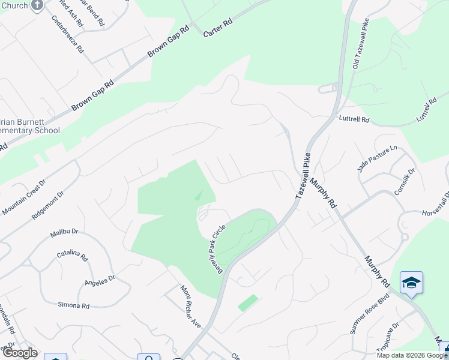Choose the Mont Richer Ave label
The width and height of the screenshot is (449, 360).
coord(191,306)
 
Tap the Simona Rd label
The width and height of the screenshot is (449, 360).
coord(73,305)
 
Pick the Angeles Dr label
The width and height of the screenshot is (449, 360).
coord(100,281)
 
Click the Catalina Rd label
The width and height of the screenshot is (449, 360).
coord(73,256)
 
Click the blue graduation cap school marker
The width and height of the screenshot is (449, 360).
coord(411,282)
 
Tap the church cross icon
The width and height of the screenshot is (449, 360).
coord(37,5)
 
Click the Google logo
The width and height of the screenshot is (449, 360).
coord(19,353)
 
